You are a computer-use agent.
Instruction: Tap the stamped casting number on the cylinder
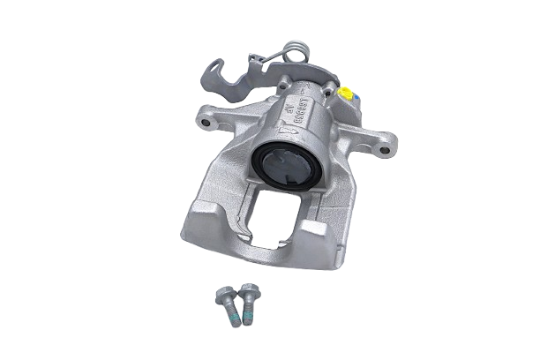pyautogui.click(x=300, y=109)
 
